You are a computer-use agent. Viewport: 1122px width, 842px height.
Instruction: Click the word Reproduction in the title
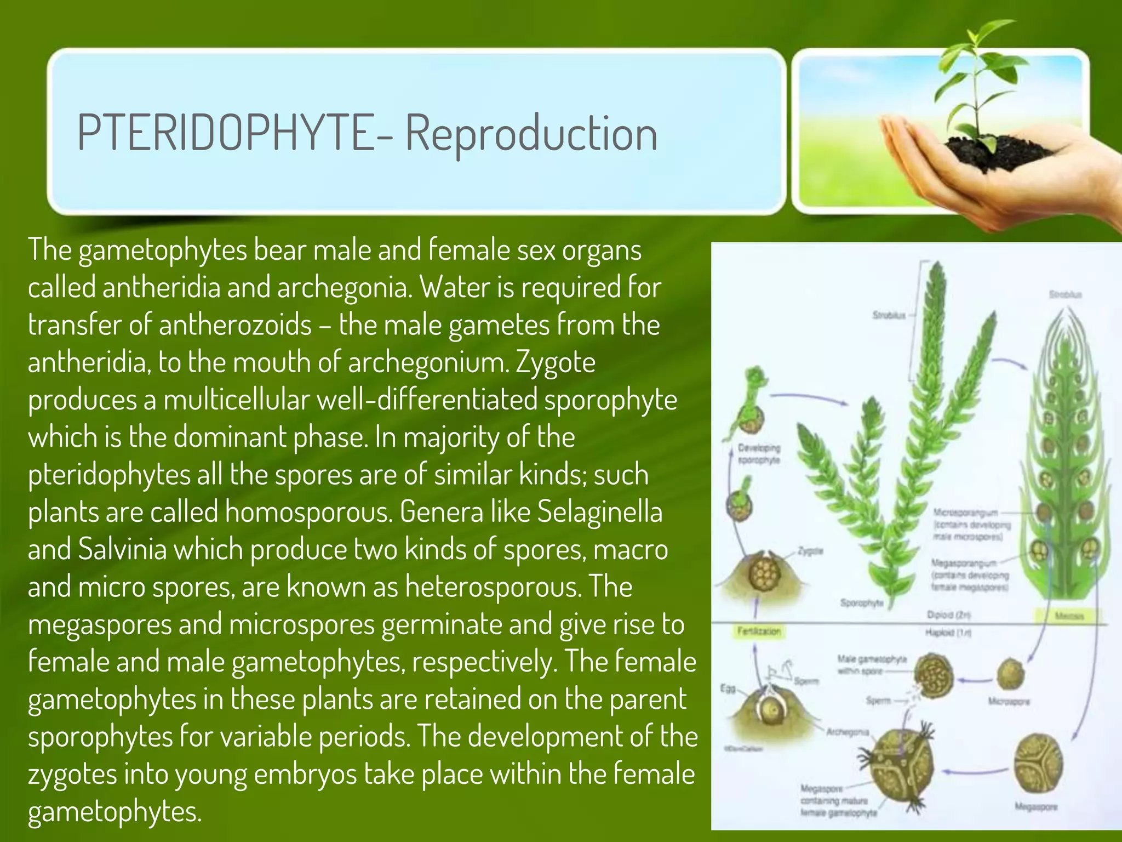tap(531, 134)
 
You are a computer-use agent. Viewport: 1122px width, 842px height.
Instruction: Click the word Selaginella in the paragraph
tap(599, 511)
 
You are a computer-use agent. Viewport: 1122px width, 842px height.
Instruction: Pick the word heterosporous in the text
tap(493, 587)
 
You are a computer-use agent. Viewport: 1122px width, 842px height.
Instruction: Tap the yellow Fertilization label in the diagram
tap(758, 631)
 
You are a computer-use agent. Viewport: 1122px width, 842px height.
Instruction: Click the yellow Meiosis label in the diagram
tap(1069, 616)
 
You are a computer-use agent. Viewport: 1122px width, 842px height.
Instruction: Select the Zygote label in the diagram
tap(810, 550)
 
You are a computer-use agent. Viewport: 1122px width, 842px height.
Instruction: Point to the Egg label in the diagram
tap(728, 689)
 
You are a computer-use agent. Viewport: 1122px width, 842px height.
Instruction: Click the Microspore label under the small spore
tap(1009, 701)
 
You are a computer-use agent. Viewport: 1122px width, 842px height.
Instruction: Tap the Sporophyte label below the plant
tap(862, 603)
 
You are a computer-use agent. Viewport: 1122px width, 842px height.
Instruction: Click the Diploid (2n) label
tap(949, 615)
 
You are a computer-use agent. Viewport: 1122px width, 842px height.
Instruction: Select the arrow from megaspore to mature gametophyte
tap(975, 772)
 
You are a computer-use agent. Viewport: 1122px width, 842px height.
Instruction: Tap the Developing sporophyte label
tap(759, 454)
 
